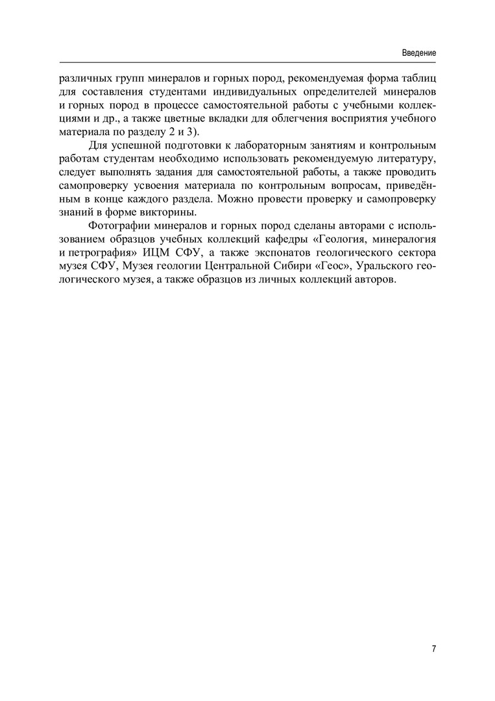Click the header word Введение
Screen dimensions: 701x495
(x=418, y=53)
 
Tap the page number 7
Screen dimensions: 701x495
(x=433, y=649)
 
